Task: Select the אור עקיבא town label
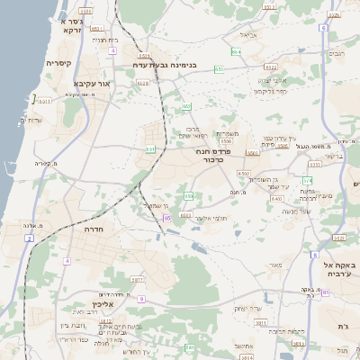[92, 83]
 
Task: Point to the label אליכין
[104, 305]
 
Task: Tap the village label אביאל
[249, 35]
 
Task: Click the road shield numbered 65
[168, 217]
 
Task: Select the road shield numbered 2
[29, 238]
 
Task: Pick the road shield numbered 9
[141, 297]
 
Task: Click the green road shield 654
[235, 53]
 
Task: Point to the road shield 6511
[44, 102]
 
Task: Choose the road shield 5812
[105, 320]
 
